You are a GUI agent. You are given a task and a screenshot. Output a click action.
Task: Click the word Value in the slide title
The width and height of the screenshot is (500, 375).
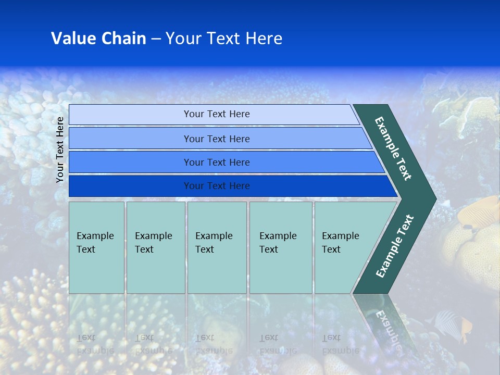pyautogui.click(x=72, y=39)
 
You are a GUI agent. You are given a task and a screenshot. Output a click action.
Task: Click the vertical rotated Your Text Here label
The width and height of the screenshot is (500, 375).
pyautogui.click(x=60, y=149)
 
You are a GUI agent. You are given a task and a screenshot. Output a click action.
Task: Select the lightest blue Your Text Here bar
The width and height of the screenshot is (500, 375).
pyautogui.click(x=216, y=114)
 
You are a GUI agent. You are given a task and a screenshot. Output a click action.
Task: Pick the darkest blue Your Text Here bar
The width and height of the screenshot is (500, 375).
pyautogui.click(x=216, y=186)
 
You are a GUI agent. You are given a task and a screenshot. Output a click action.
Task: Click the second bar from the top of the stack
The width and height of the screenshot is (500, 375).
pyautogui.click(x=216, y=139)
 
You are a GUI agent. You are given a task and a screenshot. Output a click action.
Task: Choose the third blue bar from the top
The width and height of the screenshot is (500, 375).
pyautogui.click(x=216, y=162)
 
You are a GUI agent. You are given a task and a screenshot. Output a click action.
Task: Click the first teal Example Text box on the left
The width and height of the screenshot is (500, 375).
pyautogui.click(x=96, y=247)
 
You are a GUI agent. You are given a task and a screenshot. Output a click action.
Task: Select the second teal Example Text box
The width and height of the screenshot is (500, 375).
pyautogui.click(x=155, y=247)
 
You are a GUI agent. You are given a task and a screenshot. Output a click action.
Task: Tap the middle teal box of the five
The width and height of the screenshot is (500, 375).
pyautogui.click(x=217, y=247)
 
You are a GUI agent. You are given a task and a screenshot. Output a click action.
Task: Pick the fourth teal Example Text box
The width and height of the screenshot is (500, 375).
pyautogui.click(x=281, y=247)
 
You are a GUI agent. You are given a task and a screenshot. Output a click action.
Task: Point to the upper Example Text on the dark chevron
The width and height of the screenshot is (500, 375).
pyautogui.click(x=393, y=148)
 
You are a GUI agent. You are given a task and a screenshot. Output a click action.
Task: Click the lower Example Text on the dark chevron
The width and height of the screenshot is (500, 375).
pyautogui.click(x=395, y=246)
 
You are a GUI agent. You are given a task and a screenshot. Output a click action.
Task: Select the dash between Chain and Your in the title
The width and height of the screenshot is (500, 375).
pyautogui.click(x=156, y=39)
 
